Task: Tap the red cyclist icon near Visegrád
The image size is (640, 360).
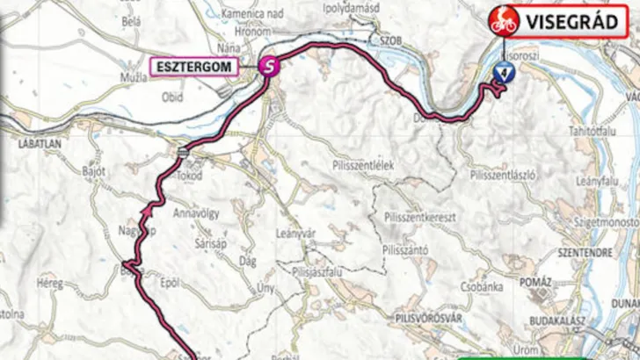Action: (504, 22)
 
